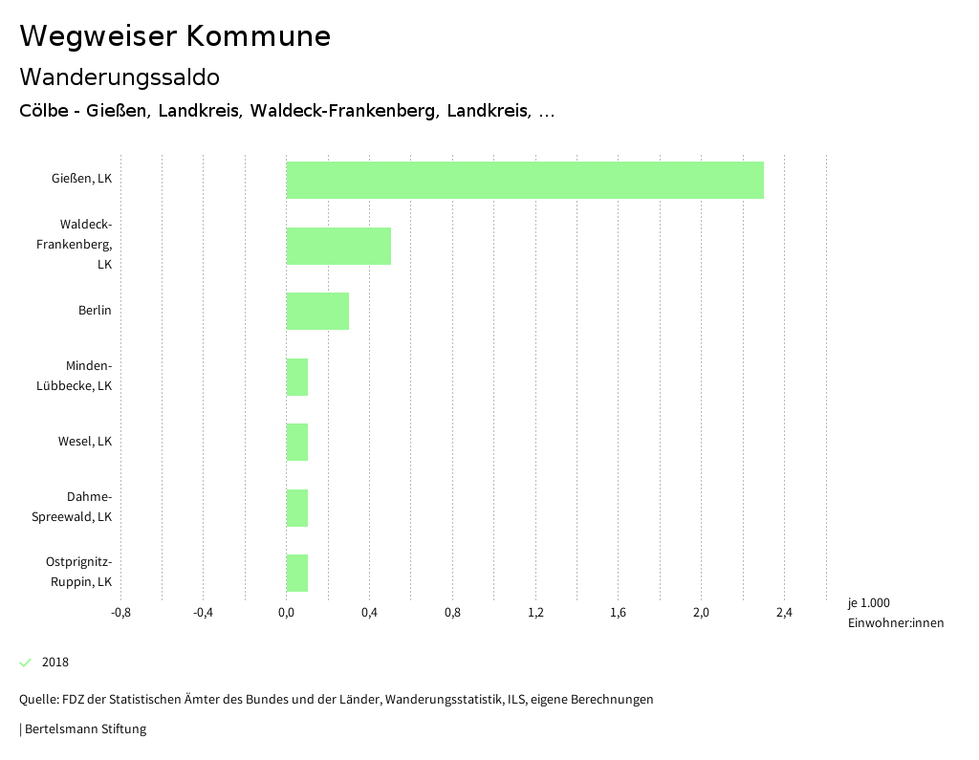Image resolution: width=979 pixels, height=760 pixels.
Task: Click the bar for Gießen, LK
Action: click(525, 180)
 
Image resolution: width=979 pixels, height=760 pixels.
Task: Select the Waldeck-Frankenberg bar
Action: click(338, 246)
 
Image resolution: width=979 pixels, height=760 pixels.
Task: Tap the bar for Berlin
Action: click(317, 311)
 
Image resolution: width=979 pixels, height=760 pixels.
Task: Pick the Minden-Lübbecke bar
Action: click(297, 377)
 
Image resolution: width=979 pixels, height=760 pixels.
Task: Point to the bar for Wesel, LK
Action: click(297, 442)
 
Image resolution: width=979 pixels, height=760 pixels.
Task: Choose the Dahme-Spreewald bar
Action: click(297, 508)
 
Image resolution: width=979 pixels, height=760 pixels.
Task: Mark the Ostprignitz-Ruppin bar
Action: click(297, 573)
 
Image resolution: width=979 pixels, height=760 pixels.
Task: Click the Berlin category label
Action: click(95, 311)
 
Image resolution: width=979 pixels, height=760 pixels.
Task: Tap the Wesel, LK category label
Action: click(85, 442)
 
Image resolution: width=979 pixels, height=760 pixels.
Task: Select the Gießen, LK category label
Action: click(81, 178)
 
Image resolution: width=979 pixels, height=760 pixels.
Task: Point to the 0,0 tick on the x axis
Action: click(286, 613)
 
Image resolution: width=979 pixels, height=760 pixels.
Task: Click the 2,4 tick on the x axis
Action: click(784, 613)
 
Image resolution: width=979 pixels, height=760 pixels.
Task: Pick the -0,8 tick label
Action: click(120, 613)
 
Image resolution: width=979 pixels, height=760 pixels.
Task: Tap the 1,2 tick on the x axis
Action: click(535, 613)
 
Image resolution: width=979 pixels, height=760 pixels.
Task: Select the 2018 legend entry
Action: click(55, 662)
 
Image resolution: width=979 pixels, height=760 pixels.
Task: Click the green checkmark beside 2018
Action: click(26, 662)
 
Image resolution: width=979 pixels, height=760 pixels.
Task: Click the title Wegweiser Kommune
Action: click(175, 36)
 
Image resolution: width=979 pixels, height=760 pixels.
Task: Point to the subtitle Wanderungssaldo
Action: click(120, 76)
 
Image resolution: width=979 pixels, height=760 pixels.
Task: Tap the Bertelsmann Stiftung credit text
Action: click(84, 729)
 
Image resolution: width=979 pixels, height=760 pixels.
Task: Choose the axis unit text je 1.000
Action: click(868, 603)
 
